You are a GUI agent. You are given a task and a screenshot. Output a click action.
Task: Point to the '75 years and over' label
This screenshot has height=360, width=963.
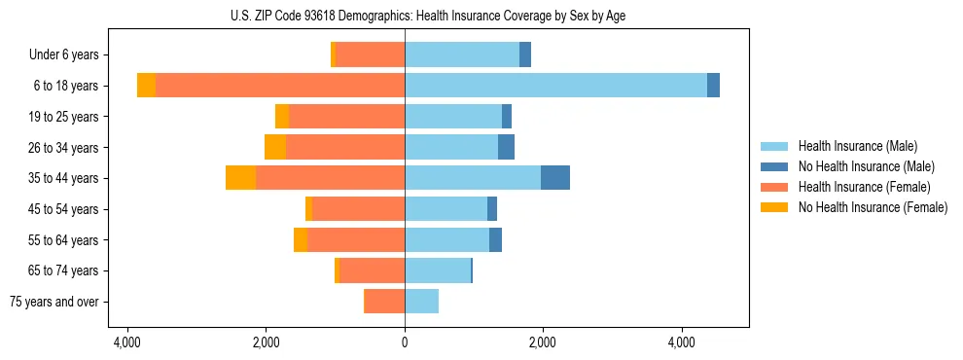[x=54, y=302]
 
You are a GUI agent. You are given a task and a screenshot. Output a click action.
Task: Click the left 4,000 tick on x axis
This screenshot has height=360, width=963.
[x=128, y=342]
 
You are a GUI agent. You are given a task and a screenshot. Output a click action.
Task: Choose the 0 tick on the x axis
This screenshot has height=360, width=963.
[x=405, y=342]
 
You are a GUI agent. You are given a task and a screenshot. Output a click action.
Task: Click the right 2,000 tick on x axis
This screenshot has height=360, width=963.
[x=543, y=342]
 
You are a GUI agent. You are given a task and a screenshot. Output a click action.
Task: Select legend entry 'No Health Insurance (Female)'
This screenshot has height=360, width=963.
[x=873, y=207]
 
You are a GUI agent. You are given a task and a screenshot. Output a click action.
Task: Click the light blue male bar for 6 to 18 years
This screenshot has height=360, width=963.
[x=555, y=86]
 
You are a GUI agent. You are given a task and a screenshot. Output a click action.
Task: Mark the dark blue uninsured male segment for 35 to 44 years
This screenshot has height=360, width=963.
[x=555, y=178]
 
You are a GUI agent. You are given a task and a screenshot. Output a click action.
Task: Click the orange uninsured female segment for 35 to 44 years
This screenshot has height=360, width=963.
[x=240, y=178]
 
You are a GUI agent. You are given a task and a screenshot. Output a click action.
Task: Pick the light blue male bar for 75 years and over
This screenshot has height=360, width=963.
[x=421, y=302]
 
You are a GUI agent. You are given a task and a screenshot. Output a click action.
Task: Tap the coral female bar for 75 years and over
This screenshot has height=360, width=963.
[x=384, y=302]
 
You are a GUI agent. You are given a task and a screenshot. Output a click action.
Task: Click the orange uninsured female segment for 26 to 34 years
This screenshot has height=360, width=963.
[x=275, y=147]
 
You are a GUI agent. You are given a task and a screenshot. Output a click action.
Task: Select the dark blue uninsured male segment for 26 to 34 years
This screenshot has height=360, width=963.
[x=506, y=147]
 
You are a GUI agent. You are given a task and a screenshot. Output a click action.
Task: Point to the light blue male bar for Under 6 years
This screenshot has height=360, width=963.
[x=462, y=55]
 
